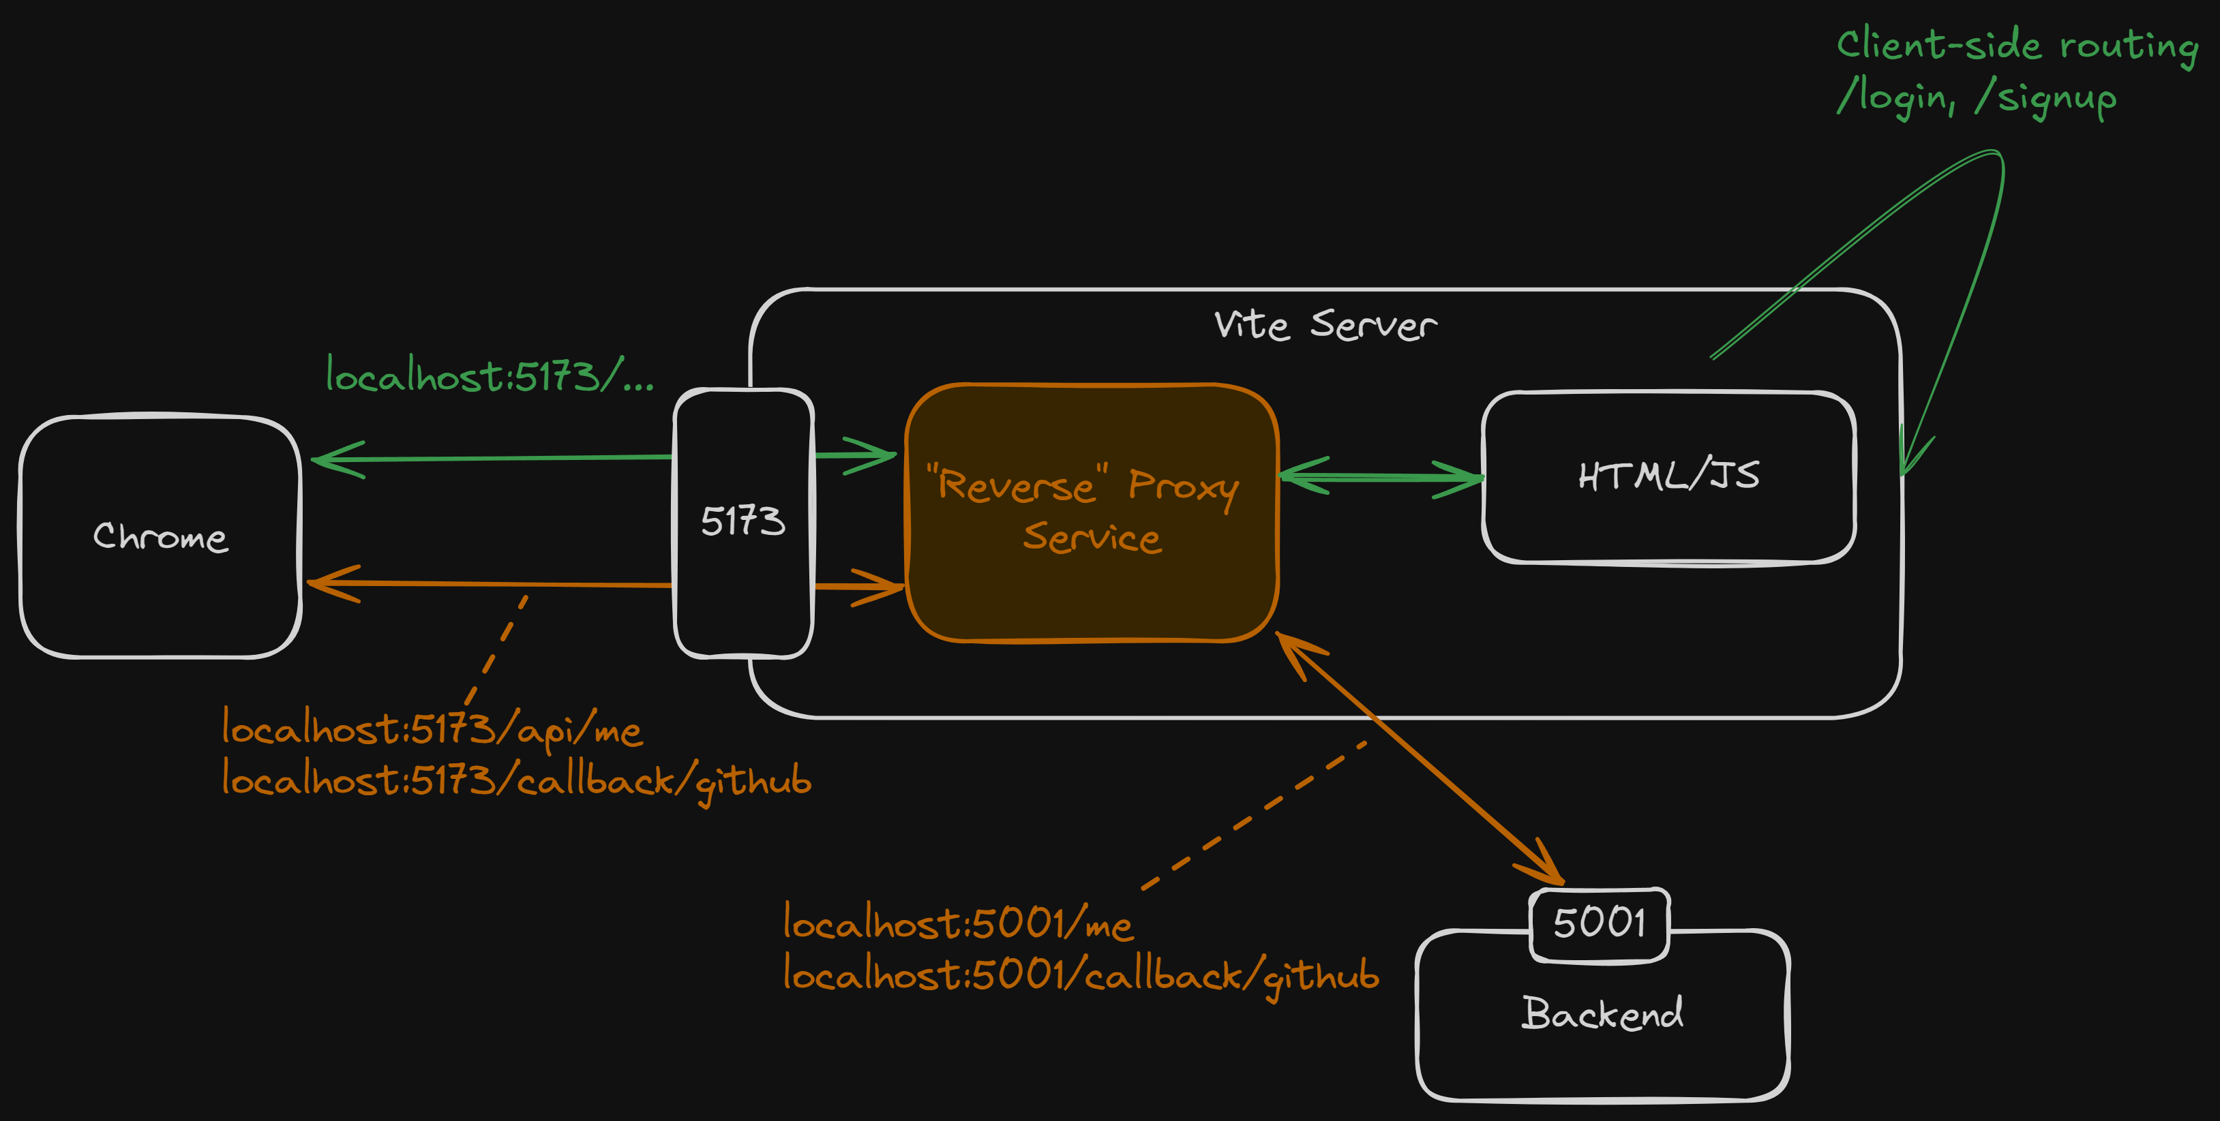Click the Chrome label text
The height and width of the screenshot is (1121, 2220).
click(x=160, y=537)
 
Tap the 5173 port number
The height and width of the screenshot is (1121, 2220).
click(x=743, y=521)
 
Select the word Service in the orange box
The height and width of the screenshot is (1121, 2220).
click(x=1091, y=538)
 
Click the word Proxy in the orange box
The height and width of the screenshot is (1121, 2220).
click(x=1183, y=486)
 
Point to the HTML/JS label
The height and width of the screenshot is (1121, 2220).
click(x=1668, y=476)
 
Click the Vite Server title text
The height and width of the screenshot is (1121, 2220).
click(x=1325, y=326)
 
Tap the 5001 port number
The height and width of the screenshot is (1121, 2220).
click(x=1600, y=923)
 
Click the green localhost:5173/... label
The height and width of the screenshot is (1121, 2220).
click(x=489, y=375)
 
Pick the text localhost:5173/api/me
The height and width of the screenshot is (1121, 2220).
click(x=431, y=730)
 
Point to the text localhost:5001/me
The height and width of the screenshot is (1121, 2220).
click(x=957, y=923)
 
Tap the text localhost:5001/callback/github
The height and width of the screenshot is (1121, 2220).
click(x=1081, y=975)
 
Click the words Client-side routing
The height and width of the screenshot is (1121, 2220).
click(x=2017, y=46)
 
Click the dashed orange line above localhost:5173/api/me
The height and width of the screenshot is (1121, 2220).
click(x=497, y=648)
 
